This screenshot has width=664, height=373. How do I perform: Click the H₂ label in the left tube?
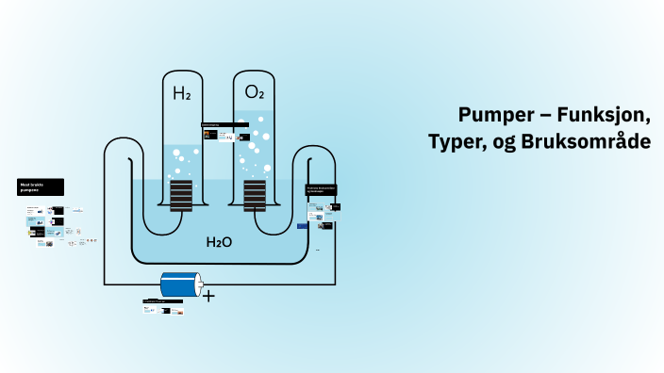pyautogui.click(x=181, y=93)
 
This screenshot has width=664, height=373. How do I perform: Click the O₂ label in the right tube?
pyautogui.click(x=255, y=92)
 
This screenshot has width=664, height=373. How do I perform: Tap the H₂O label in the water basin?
pyautogui.click(x=219, y=242)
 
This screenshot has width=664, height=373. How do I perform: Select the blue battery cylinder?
pyautogui.click(x=181, y=284)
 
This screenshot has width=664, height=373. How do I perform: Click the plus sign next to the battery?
pyautogui.click(x=208, y=296)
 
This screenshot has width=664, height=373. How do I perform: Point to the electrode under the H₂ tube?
pyautogui.click(x=181, y=195)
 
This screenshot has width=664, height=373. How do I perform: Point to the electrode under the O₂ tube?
pyautogui.click(x=255, y=195)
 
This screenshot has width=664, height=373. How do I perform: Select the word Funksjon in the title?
pyautogui.click(x=604, y=115)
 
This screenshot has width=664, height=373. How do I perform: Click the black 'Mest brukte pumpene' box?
pyautogui.click(x=41, y=187)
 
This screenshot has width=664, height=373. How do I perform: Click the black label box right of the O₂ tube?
pyautogui.click(x=322, y=189)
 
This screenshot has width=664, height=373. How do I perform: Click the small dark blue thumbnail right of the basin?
pyautogui.click(x=303, y=226)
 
